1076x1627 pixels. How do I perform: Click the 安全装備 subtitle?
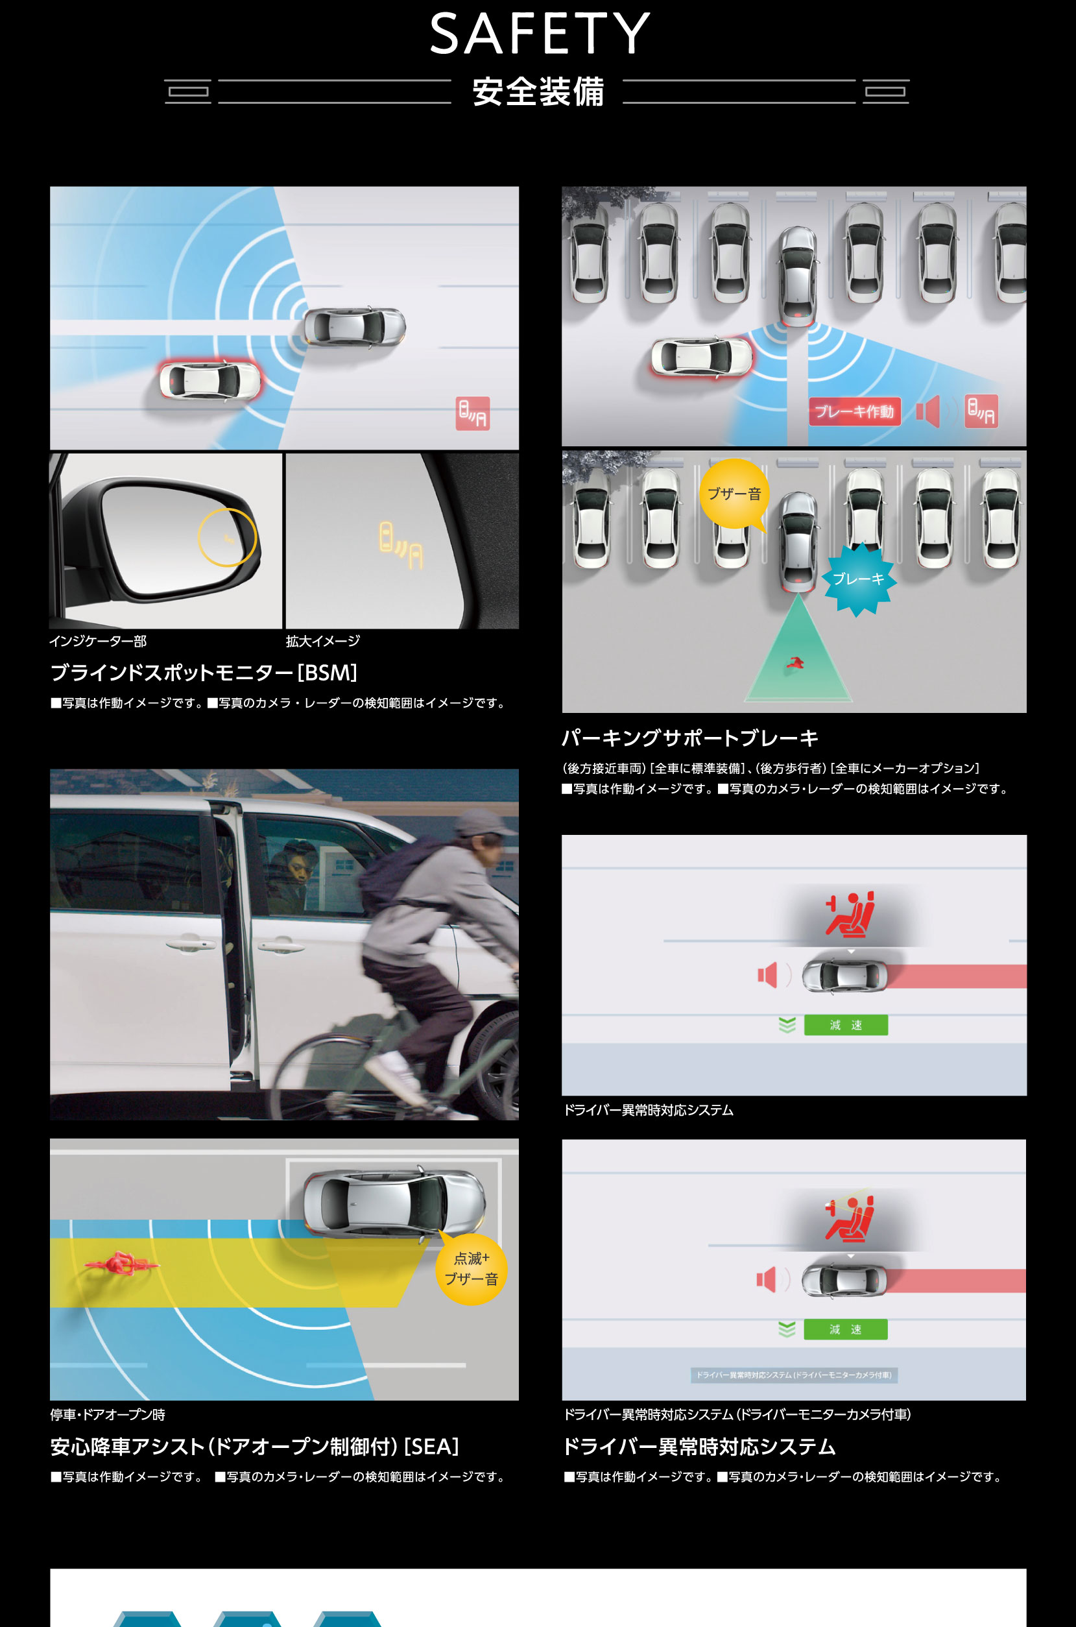pyautogui.click(x=538, y=92)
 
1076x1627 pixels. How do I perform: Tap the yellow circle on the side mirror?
pyautogui.click(x=226, y=537)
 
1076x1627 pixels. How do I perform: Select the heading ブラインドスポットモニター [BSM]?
pyautogui.click(x=204, y=673)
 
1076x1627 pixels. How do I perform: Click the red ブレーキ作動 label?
pyautogui.click(x=854, y=411)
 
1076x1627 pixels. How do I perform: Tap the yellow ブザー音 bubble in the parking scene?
pyautogui.click(x=734, y=494)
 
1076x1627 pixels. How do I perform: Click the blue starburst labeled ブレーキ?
pyautogui.click(x=859, y=579)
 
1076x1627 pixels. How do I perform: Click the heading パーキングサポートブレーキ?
pyautogui.click(x=689, y=738)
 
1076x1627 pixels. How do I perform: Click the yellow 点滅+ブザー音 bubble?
pyautogui.click(x=472, y=1268)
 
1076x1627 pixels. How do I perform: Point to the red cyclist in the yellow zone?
pyautogui.click(x=121, y=1263)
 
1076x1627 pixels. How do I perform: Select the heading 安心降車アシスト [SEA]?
pyautogui.click(x=254, y=1447)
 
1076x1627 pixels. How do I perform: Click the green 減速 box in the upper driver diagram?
pyautogui.click(x=846, y=1024)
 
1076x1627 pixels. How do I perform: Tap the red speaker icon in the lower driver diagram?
pyautogui.click(x=766, y=1279)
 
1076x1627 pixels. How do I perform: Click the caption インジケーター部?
pyautogui.click(x=97, y=641)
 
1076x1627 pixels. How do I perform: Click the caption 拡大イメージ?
pyautogui.click(x=322, y=641)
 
